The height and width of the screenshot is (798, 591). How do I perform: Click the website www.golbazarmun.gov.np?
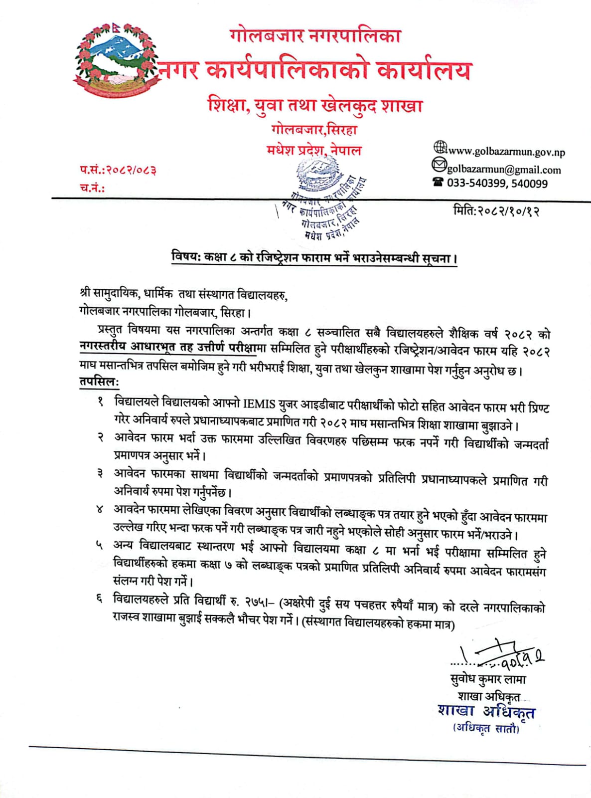click(506, 152)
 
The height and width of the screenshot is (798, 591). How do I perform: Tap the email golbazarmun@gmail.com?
click(504, 170)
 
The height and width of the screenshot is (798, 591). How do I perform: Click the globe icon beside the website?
click(440, 148)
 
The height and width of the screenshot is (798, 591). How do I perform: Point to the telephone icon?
click(438, 183)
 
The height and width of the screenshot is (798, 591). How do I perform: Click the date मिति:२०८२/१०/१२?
click(496, 211)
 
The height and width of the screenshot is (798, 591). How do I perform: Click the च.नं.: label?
click(92, 188)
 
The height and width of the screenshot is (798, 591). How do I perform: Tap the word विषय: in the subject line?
click(185, 257)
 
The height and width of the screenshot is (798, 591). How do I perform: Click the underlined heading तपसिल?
click(99, 382)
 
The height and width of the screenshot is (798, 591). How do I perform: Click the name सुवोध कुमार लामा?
click(487, 679)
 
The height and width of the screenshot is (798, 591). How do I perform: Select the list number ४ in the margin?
click(100, 509)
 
